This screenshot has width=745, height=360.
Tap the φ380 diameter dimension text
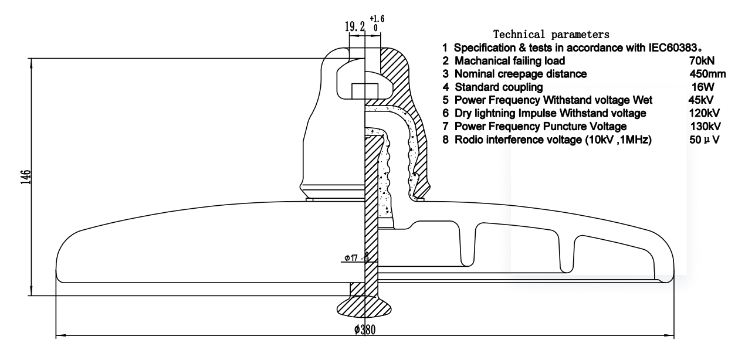365,330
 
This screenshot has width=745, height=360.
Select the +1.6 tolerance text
375,19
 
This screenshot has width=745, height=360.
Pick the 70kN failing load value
702,60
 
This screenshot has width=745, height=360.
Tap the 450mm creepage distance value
707,73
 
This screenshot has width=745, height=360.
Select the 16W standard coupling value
702,87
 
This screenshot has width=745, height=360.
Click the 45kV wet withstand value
699,100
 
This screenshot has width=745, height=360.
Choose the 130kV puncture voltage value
706,126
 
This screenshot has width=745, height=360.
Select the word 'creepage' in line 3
517,73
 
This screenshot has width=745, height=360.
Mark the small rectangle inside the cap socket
364,91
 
